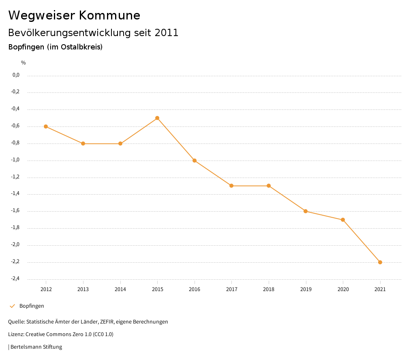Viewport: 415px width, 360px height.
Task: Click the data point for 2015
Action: click(x=157, y=118)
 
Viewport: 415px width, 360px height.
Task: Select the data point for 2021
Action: click(x=380, y=262)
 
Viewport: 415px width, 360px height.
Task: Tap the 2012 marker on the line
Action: click(x=46, y=126)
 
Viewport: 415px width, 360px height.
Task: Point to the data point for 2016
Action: click(x=195, y=161)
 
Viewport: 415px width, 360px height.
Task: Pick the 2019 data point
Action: click(x=306, y=211)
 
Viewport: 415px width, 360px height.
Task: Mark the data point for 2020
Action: click(x=343, y=220)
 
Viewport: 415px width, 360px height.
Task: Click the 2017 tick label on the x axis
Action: click(x=231, y=289)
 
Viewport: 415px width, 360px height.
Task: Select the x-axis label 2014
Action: click(x=120, y=289)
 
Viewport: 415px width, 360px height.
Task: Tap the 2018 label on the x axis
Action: click(x=269, y=289)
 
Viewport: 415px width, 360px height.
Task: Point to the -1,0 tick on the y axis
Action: click(x=15, y=160)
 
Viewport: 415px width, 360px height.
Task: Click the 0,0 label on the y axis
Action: click(x=16, y=75)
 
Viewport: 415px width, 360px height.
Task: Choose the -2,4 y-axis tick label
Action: click(x=15, y=279)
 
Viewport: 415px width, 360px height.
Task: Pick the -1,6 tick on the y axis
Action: click(x=15, y=211)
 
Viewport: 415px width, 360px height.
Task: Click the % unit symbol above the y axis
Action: click(x=24, y=63)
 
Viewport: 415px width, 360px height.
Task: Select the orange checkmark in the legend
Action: click(x=12, y=306)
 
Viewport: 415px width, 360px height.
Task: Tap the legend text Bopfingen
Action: click(x=32, y=306)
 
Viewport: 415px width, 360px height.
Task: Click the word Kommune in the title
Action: click(x=109, y=15)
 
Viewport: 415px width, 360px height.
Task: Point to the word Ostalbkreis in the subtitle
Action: click(x=81, y=47)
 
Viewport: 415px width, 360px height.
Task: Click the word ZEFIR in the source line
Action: click(x=108, y=322)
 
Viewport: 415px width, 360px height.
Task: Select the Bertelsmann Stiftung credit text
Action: click(x=36, y=347)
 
